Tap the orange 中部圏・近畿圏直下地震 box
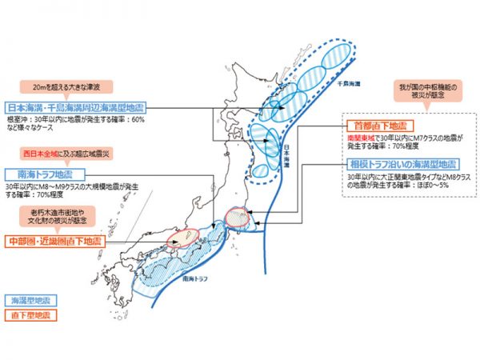click(54, 241)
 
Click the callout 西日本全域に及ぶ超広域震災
click(62, 152)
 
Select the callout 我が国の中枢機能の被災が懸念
click(418, 90)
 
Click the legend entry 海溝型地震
click(30, 300)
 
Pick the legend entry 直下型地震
click(30, 315)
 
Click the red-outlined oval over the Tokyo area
click(238, 217)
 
